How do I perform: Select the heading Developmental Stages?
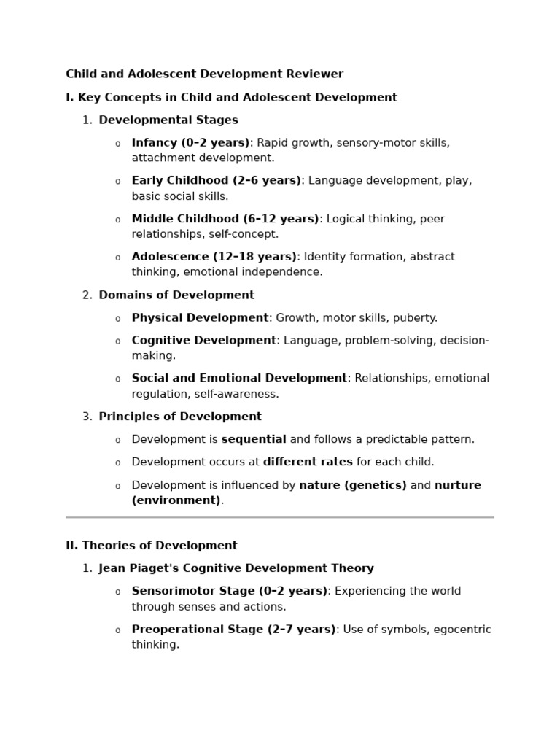pos(168,120)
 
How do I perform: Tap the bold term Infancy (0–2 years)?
pos(190,143)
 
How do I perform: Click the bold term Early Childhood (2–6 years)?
pos(216,181)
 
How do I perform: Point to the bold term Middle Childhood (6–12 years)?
pos(225,219)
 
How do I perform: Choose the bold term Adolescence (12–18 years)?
pos(214,257)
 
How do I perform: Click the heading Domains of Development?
pos(176,295)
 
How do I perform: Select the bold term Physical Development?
pos(200,318)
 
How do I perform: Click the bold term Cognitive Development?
pos(203,341)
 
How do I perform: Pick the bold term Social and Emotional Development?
pos(239,379)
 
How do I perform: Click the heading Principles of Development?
pos(180,417)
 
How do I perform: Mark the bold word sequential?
pos(254,440)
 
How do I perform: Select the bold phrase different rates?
pos(308,462)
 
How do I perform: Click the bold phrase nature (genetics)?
pos(353,486)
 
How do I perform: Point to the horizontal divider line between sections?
pos(279,517)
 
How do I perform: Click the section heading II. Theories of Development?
pos(152,546)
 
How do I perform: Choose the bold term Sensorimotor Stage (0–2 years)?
pos(229,592)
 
